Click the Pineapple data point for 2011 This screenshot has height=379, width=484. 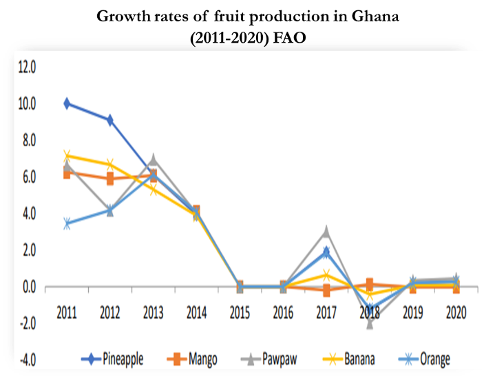[67, 103]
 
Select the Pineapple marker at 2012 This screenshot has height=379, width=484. [109, 120]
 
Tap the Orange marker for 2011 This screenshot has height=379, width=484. [67, 224]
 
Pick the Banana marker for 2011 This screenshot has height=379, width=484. [67, 156]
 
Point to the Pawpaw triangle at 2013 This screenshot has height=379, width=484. [153, 160]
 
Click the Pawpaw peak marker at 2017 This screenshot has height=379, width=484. [326, 232]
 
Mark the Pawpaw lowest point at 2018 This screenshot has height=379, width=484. [370, 323]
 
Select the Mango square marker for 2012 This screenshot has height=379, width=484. [109, 178]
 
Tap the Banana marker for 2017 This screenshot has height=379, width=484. [326, 275]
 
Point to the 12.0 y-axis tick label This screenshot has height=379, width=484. [27, 68]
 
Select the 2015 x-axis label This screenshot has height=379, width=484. [240, 311]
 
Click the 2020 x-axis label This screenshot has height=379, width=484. [456, 311]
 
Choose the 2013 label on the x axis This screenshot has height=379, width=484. [153, 311]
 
